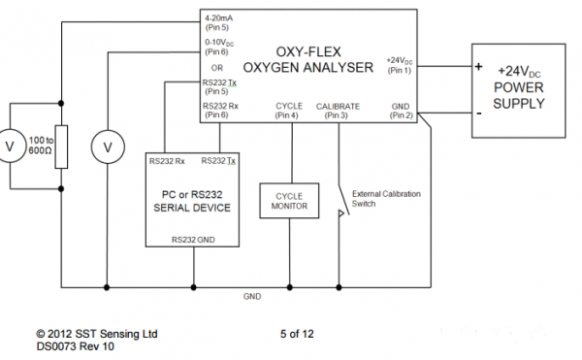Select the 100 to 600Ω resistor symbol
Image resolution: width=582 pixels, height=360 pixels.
tap(61, 147)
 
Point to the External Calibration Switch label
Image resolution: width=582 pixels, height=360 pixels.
tap(386, 199)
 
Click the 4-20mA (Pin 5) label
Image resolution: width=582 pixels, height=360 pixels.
tap(218, 22)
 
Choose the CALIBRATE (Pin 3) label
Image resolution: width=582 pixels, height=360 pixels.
tap(338, 111)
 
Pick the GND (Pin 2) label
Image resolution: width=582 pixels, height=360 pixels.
tap(401, 111)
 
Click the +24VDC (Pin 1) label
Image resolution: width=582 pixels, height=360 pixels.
tap(400, 65)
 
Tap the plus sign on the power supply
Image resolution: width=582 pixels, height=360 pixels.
tap(479, 66)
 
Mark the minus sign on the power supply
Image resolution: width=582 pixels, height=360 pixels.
tap(479, 114)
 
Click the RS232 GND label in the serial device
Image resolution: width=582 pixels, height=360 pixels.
tap(193, 240)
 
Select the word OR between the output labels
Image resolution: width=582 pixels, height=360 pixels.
tap(216, 68)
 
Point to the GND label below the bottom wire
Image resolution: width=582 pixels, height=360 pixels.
tap(252, 296)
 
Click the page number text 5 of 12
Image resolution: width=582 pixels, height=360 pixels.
tap(297, 334)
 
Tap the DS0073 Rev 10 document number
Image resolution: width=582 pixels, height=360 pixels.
tap(76, 346)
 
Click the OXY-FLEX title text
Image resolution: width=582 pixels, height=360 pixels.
tap(308, 51)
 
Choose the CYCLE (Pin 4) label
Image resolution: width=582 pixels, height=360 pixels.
tap(289, 111)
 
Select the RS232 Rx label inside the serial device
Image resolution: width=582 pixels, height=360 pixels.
tap(167, 161)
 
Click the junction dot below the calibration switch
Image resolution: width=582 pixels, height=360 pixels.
tap(339, 287)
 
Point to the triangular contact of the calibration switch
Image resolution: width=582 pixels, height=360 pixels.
tap(341, 213)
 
